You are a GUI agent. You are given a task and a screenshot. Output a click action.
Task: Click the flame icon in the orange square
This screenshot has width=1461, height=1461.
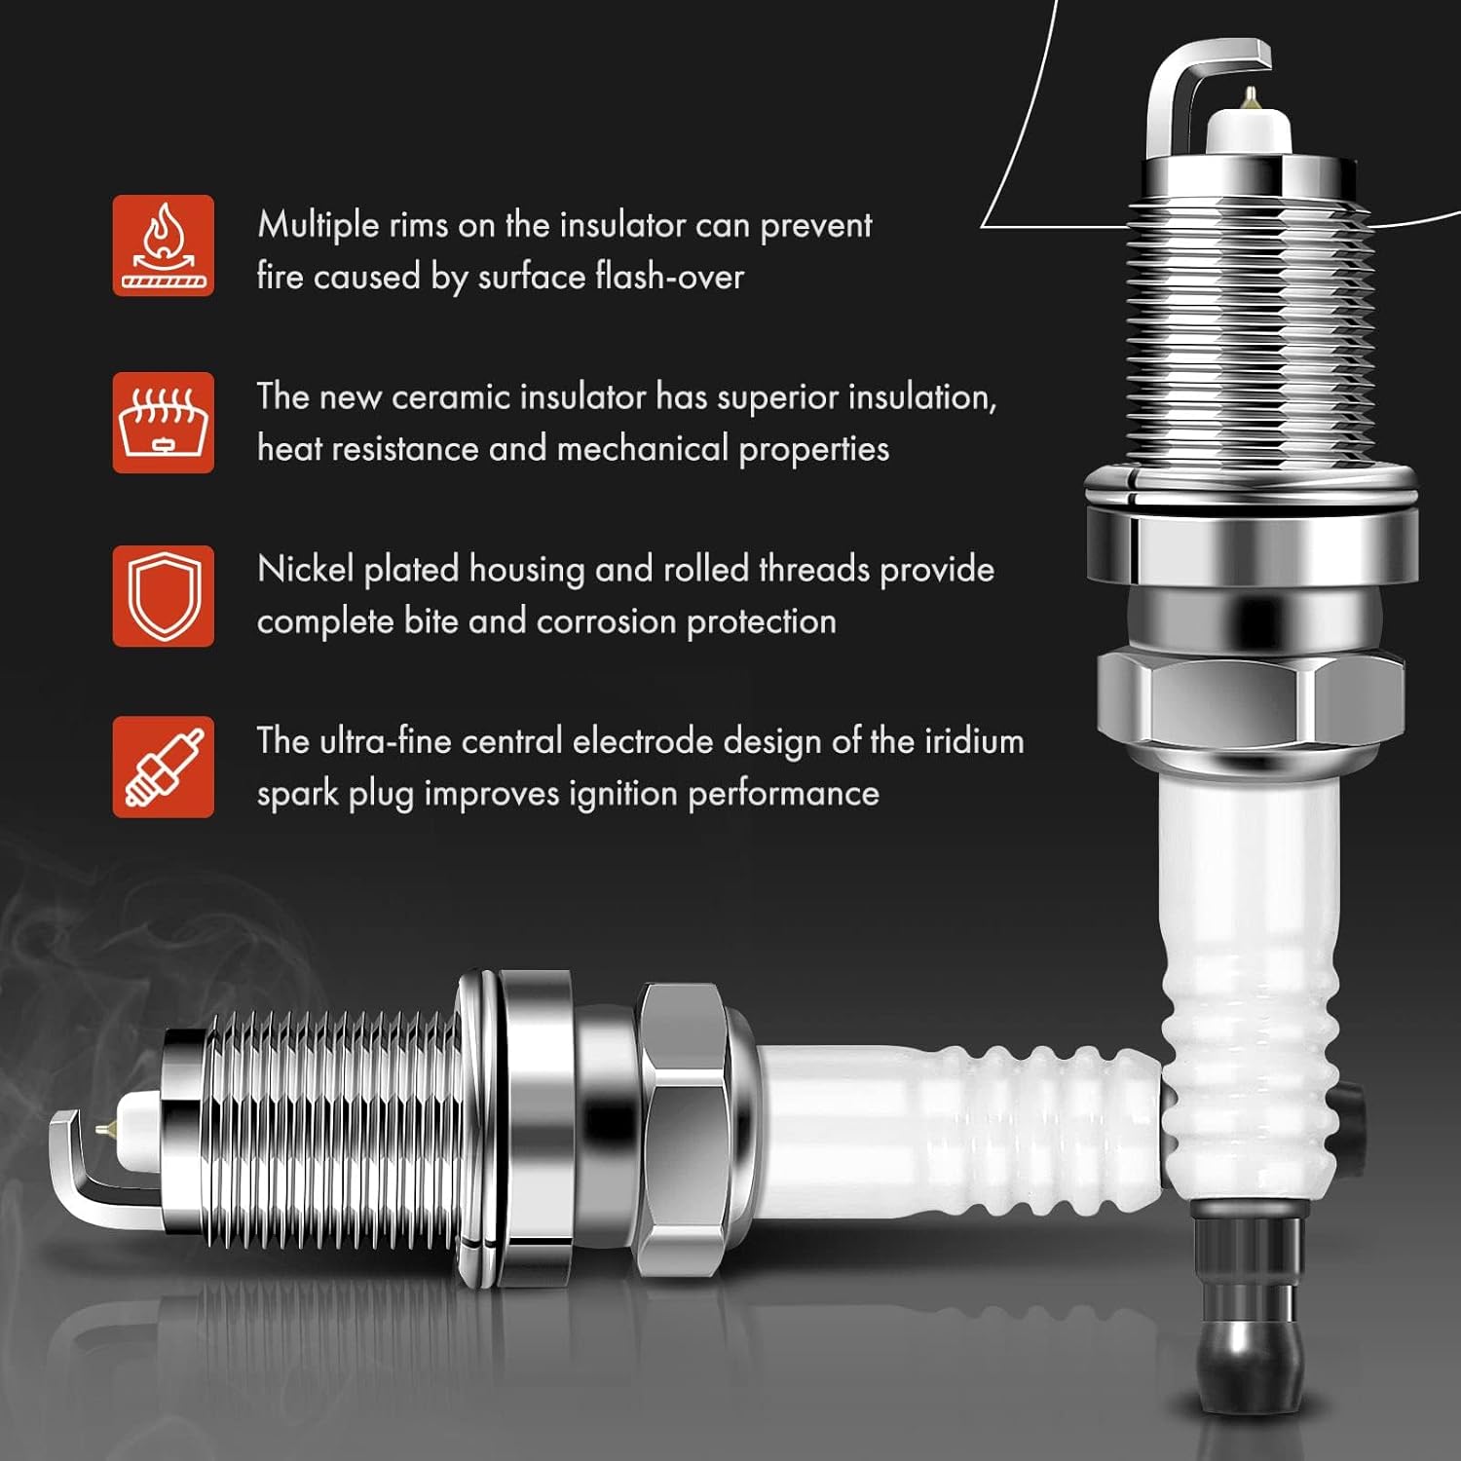[163, 245]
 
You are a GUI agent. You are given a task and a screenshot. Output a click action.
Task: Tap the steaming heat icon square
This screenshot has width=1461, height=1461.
[163, 423]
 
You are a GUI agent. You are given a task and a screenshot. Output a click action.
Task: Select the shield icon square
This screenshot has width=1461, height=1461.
[163, 596]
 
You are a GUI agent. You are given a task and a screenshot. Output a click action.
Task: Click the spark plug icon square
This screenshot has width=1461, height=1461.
[163, 768]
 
